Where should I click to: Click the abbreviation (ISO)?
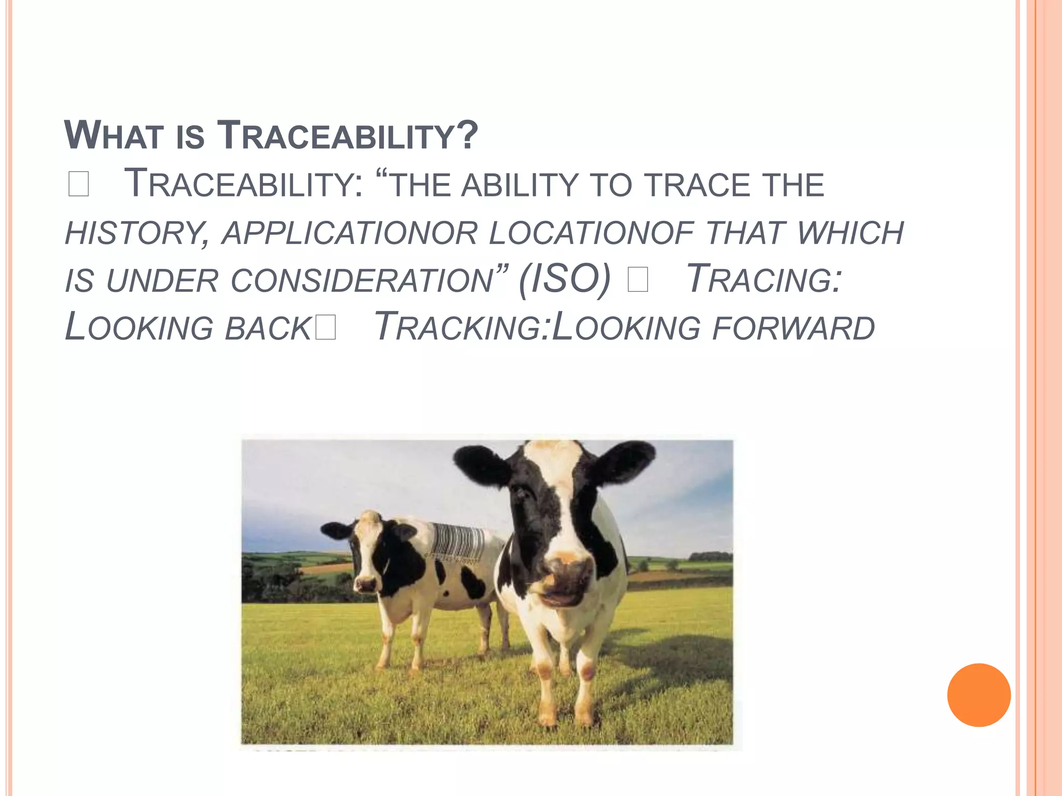(565, 280)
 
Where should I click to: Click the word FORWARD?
(793, 329)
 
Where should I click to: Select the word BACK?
(268, 329)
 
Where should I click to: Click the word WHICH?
(850, 233)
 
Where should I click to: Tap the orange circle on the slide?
(979, 695)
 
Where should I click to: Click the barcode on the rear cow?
(457, 543)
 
